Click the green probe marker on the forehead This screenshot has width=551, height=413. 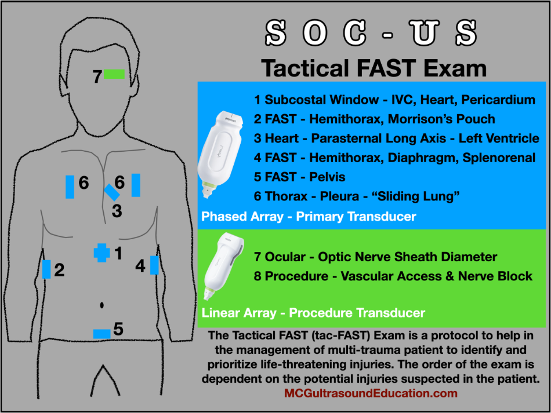click(x=114, y=74)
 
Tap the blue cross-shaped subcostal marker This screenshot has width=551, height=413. click(x=102, y=253)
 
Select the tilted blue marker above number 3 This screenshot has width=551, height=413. click(x=112, y=192)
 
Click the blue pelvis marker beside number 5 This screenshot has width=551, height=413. click(x=102, y=334)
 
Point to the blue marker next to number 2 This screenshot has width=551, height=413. click(x=46, y=269)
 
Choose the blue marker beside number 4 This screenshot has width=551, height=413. click(x=154, y=265)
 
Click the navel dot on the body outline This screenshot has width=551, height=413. click(x=102, y=305)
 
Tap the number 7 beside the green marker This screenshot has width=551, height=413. click(x=97, y=76)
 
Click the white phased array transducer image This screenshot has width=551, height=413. click(x=220, y=155)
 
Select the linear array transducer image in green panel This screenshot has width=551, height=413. click(x=224, y=266)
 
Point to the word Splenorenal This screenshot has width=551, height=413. click(x=499, y=158)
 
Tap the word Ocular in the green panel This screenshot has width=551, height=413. click(x=285, y=257)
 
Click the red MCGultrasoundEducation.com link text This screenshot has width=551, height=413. click(x=371, y=393)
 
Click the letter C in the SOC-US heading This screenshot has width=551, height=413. click(x=355, y=32)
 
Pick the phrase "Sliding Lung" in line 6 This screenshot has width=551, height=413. click(x=418, y=196)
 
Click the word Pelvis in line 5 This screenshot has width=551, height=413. click(x=327, y=177)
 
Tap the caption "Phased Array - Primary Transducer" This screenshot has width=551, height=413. click(x=309, y=217)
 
